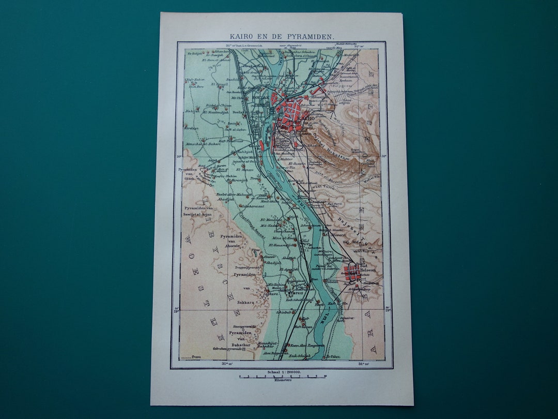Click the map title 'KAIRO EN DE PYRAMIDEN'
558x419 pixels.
tap(282, 37)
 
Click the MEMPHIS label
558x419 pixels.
tap(293, 293)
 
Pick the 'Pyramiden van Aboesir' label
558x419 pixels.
tap(231, 240)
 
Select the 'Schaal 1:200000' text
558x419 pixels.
tap(282, 371)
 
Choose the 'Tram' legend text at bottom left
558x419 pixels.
tap(196, 357)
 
